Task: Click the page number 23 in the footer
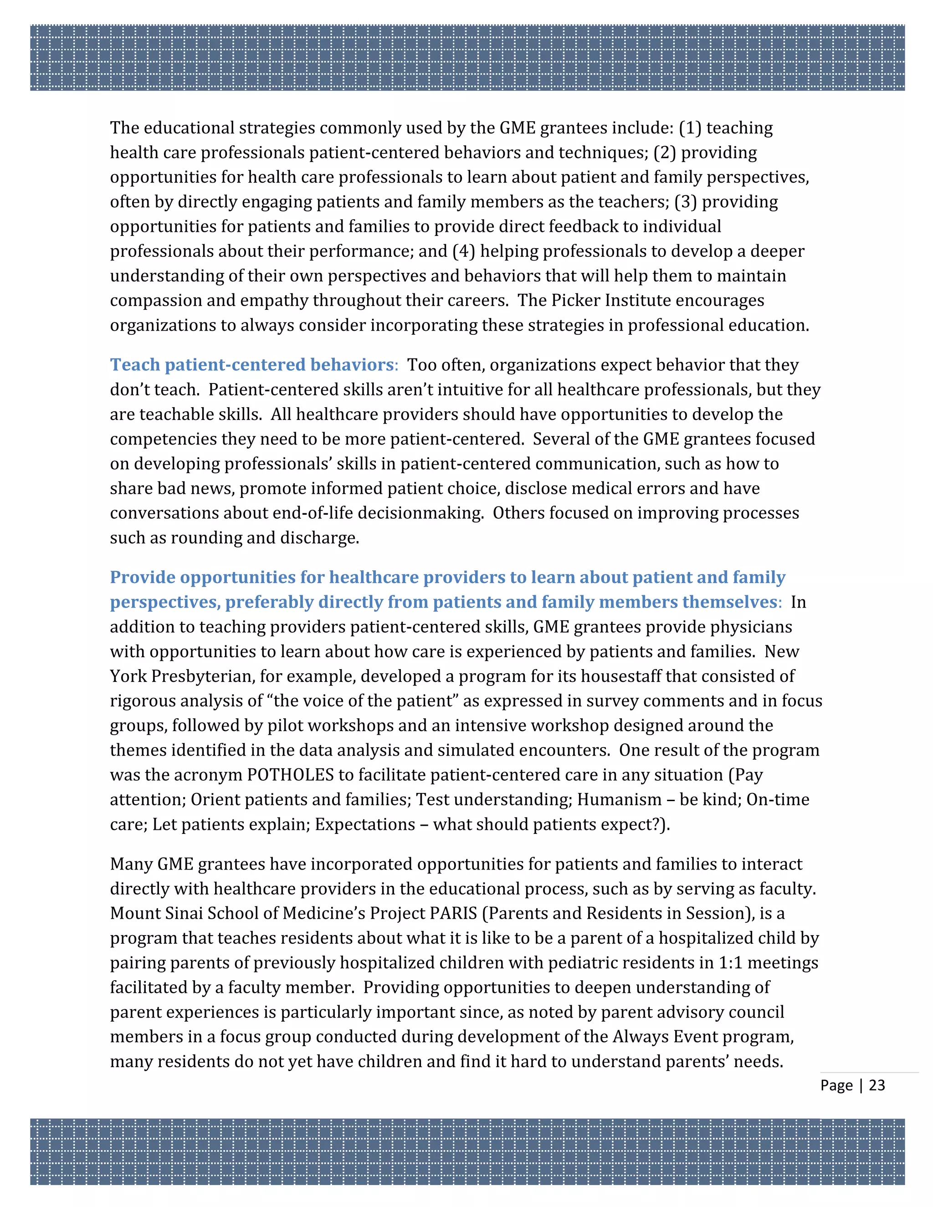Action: click(x=877, y=1085)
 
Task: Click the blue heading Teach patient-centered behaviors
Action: click(x=251, y=365)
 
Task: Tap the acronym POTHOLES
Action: click(x=290, y=775)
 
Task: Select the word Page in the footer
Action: click(x=836, y=1085)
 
